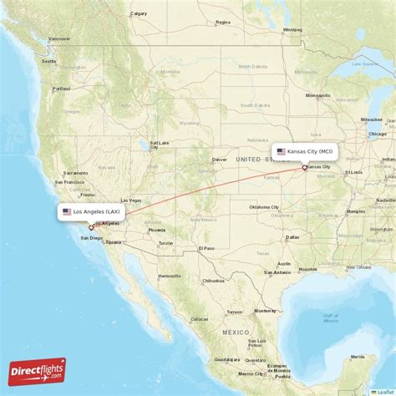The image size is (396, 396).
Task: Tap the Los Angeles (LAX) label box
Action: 92,211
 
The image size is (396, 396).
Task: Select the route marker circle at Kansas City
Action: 304,167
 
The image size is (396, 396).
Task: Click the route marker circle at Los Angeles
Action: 91,226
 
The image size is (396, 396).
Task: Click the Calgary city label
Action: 139,13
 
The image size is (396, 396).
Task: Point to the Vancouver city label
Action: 58,38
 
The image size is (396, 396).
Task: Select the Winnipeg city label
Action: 292,30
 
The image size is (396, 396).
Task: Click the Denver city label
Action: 220,159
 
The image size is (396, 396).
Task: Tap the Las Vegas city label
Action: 131,201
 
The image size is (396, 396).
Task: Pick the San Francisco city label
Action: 69,182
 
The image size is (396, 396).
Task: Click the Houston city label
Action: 307,269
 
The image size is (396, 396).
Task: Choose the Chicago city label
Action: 378,134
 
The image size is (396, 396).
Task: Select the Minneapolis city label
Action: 317,95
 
